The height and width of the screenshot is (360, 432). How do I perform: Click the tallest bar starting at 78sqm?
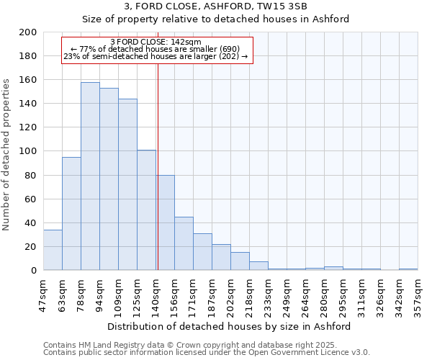click(x=90, y=176)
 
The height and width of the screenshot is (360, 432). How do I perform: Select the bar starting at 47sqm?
click(x=53, y=250)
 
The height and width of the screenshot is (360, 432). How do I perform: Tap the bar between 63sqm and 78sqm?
click(x=71, y=214)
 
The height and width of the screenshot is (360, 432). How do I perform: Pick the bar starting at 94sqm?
click(x=109, y=179)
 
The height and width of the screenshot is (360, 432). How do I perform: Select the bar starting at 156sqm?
click(x=184, y=243)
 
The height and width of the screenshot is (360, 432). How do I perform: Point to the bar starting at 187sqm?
click(x=221, y=257)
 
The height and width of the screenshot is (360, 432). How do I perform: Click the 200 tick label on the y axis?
click(x=28, y=32)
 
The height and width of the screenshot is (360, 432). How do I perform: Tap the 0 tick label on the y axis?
click(x=34, y=271)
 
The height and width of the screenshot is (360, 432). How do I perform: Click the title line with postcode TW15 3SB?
click(x=215, y=6)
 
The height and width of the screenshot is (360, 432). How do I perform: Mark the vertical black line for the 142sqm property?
click(x=158, y=166)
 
